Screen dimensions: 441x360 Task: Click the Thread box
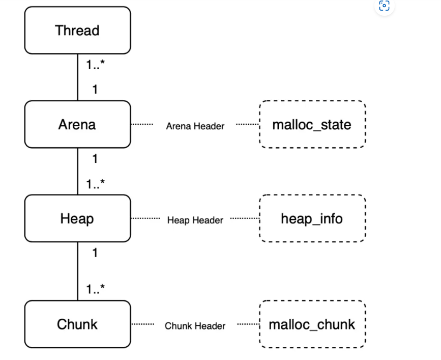coord(78,31)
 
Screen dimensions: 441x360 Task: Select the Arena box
coord(78,124)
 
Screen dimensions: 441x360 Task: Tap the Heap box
coord(78,218)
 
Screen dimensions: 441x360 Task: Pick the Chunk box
coord(78,324)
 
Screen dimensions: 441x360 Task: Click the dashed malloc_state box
coord(312,124)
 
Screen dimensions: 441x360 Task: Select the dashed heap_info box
coord(312,218)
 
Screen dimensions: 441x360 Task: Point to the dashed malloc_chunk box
coord(312,324)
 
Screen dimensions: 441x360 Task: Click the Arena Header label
coord(195,126)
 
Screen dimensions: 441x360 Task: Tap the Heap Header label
coord(195,220)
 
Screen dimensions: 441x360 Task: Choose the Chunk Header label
coord(195,326)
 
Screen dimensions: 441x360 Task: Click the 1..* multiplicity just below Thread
coord(95,65)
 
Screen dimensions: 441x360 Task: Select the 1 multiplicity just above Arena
coord(95,90)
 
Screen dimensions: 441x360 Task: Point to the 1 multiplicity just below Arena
coord(95,159)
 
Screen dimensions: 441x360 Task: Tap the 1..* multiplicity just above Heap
coord(95,184)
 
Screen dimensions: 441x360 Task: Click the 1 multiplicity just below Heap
coord(95,253)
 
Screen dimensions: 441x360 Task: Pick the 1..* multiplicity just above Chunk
coord(95,289)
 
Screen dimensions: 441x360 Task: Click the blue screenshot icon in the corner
coord(384,6)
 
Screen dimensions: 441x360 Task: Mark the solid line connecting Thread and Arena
coord(78,77)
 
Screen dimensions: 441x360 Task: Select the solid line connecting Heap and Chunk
coord(78,271)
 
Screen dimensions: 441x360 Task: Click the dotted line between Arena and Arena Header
coord(142,124)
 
